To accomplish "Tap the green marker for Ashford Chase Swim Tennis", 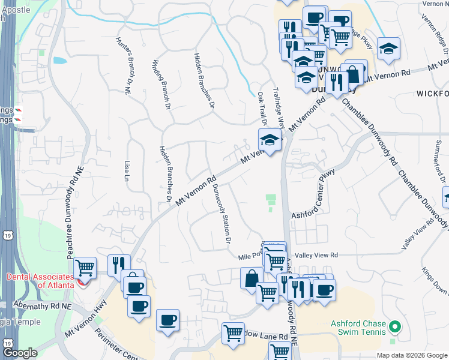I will click(x=394, y=328).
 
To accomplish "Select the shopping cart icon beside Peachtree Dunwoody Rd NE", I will click(x=85, y=267).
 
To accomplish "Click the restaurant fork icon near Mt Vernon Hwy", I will click(x=119, y=263).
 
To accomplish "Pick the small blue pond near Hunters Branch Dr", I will click(x=59, y=61).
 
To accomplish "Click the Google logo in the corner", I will click(x=20, y=353).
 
